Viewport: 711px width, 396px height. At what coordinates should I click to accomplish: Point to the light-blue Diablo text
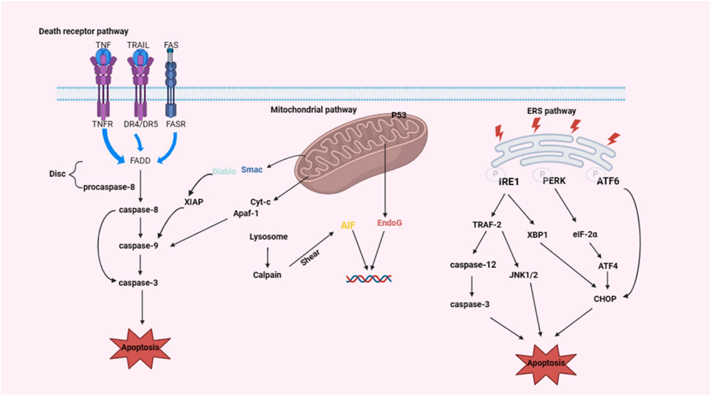pos(224,171)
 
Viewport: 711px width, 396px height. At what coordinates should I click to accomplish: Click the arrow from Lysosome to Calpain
pos(268,256)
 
